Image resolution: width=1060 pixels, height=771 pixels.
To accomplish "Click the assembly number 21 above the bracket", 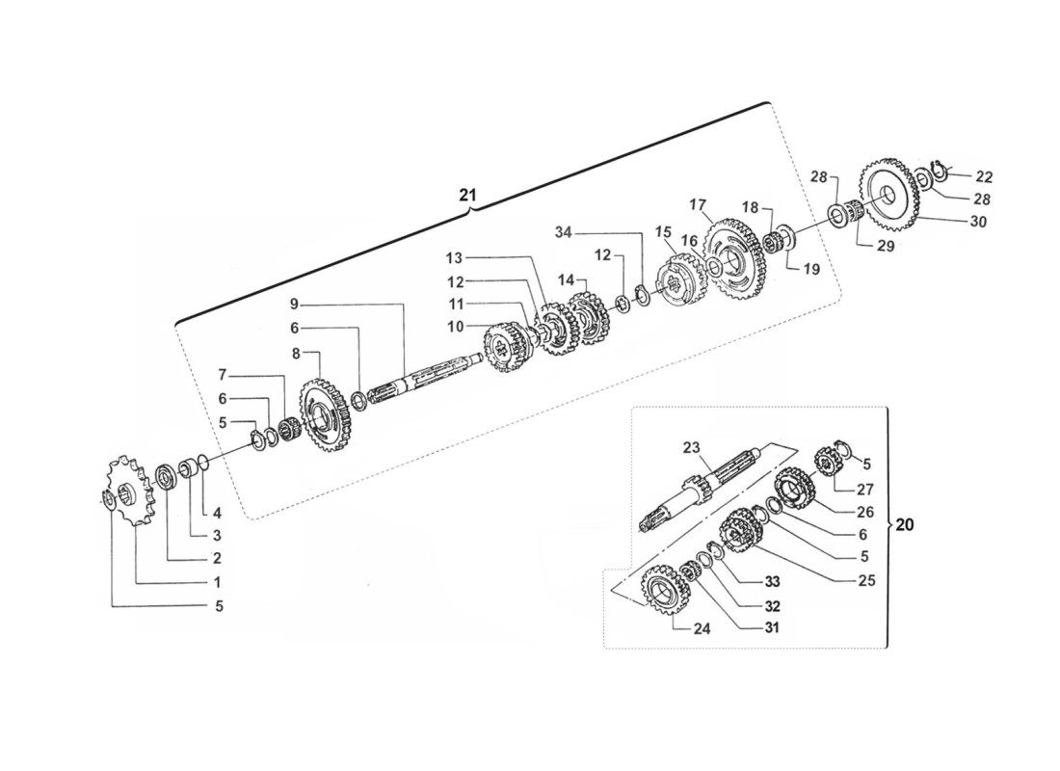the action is point(467,195).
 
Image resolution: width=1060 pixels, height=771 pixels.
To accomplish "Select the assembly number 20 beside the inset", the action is point(905,525).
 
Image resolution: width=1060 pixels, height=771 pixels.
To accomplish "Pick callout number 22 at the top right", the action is point(984,177).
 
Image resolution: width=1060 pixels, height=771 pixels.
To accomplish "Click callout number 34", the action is point(563,232).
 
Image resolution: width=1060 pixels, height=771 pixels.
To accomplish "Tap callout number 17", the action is point(698,203).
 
